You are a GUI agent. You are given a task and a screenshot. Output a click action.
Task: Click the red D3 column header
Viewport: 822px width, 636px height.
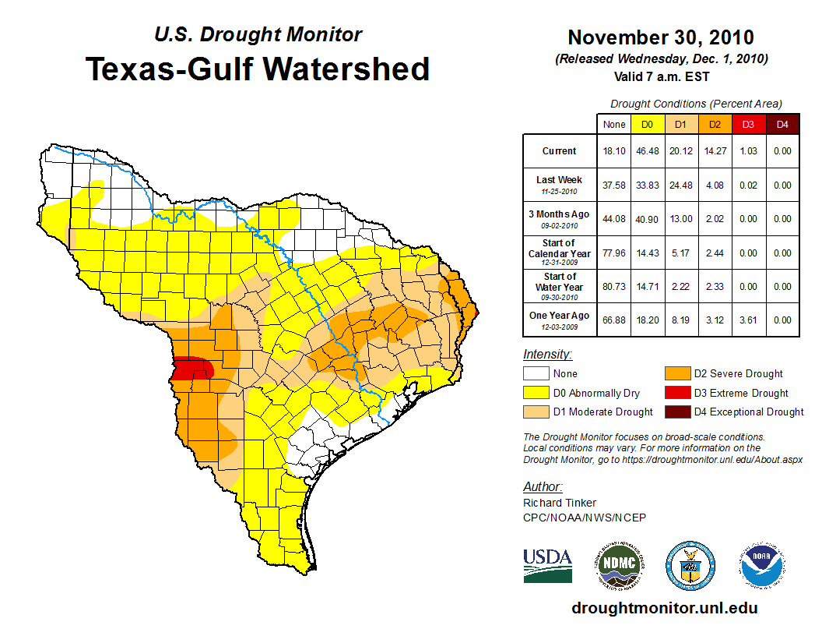coord(748,124)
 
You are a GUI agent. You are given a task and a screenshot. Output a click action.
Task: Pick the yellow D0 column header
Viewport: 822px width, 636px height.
coord(647,124)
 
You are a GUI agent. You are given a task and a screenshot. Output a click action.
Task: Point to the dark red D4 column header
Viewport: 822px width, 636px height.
coord(782,124)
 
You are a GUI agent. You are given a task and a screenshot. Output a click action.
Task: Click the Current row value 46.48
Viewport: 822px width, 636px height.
coord(647,151)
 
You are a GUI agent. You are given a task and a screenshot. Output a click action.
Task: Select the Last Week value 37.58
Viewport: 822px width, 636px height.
coord(614,185)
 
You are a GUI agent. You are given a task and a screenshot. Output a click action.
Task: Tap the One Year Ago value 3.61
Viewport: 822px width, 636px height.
coord(748,320)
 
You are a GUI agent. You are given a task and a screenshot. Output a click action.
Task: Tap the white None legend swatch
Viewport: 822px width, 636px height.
coord(536,374)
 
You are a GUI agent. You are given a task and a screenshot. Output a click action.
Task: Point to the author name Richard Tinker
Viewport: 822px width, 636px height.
coord(560,503)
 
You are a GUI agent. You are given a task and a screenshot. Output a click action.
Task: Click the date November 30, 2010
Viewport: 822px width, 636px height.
coord(660,37)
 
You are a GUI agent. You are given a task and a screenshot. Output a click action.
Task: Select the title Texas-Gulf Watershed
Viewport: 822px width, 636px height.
coord(257,69)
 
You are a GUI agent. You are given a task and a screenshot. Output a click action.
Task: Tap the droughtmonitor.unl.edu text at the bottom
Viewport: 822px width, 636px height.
coord(664,608)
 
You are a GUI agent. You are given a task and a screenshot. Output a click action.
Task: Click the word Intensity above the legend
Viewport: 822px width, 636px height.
coord(547,355)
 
